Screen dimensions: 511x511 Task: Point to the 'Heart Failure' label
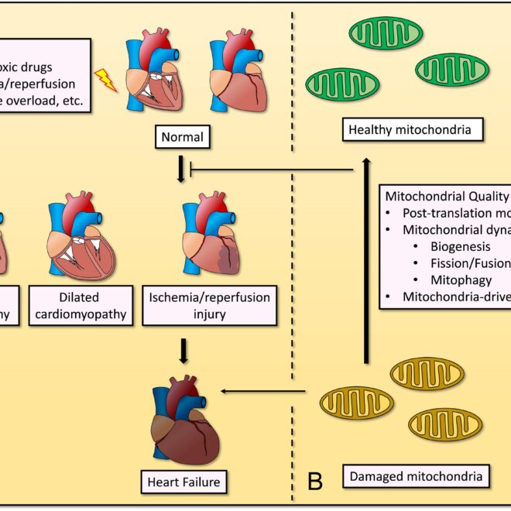pyautogui.click(x=183, y=482)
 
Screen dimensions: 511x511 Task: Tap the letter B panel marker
pyautogui.click(x=314, y=481)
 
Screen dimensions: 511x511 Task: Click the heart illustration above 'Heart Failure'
pyautogui.click(x=183, y=422)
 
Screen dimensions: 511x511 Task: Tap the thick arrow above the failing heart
pyautogui.click(x=183, y=351)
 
